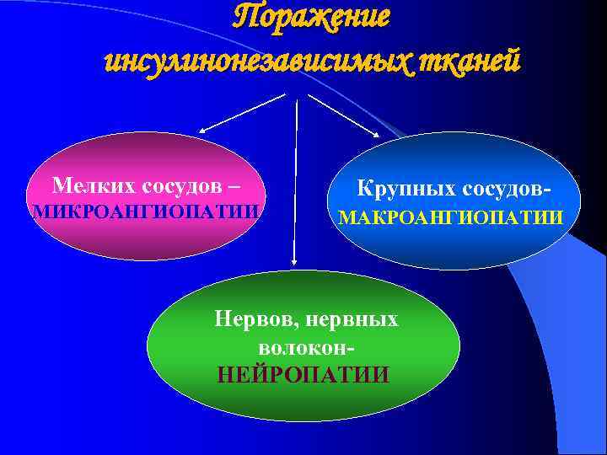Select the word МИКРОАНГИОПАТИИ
point(145,211)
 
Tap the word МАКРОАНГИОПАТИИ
point(450,218)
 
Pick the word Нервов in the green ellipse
point(250,319)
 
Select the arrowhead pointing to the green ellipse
point(293,262)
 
